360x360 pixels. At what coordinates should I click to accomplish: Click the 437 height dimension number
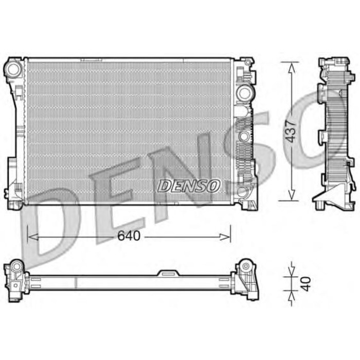tap(292, 131)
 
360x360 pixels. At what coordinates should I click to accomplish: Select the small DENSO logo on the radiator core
tap(189, 186)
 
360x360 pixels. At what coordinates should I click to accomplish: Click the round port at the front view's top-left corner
tap(14, 68)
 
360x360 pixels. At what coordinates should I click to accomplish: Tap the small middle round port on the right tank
tap(243, 137)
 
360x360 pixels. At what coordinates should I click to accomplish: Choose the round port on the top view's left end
tap(15, 267)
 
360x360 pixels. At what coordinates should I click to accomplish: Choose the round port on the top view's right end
tap(245, 266)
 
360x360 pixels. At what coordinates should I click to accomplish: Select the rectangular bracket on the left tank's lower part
tap(11, 172)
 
